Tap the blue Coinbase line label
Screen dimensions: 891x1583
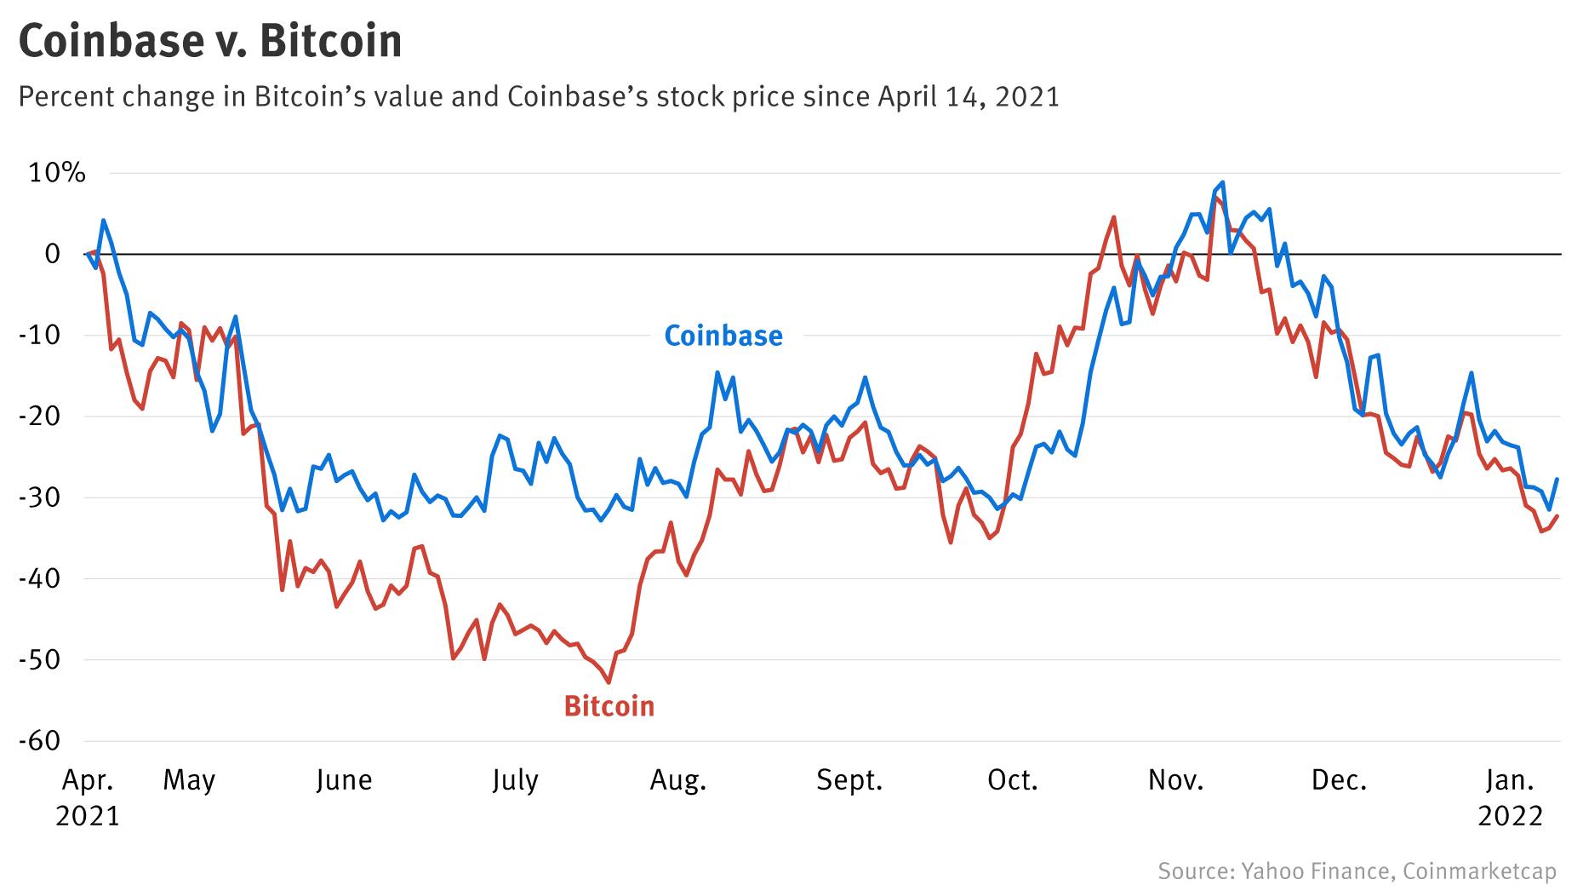tap(723, 336)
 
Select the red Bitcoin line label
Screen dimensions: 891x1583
tap(609, 706)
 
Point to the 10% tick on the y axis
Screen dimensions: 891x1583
tap(57, 173)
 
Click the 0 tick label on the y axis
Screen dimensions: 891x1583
tap(53, 254)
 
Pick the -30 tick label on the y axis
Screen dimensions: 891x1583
tap(42, 497)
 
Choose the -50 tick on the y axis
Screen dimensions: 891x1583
tap(42, 660)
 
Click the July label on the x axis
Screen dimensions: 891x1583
tap(514, 780)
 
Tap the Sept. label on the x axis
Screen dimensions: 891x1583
tap(849, 780)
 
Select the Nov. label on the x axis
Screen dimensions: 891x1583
tap(1175, 780)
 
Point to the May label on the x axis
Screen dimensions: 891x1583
tap(189, 780)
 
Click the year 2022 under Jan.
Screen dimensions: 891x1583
tap(1510, 816)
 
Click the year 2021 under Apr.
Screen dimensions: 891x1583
tap(88, 816)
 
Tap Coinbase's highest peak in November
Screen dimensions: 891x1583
tap(1222, 182)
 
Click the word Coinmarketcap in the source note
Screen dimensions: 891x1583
tap(1479, 871)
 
